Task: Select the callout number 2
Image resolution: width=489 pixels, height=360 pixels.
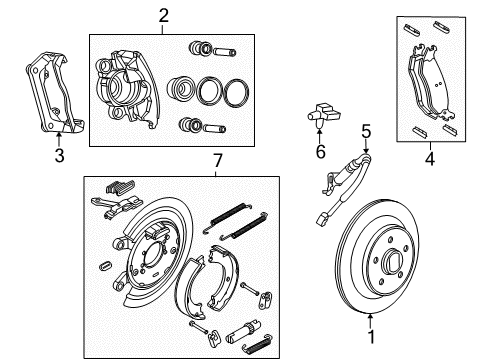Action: (164, 14)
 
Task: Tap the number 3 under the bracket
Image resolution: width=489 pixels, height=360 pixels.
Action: (58, 155)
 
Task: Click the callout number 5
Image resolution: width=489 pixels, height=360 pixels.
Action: (366, 131)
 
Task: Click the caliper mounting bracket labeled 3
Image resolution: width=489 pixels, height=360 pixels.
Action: (50, 95)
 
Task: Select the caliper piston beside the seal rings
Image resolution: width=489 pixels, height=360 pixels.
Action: (182, 90)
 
